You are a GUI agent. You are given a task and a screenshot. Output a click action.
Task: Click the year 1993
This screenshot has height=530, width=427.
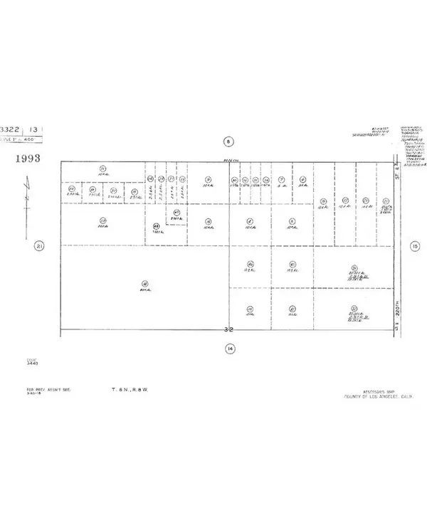[26, 158]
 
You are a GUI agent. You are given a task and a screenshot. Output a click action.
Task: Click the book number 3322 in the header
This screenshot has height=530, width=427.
[11, 129]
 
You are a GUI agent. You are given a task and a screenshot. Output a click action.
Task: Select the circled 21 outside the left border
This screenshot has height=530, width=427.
[40, 246]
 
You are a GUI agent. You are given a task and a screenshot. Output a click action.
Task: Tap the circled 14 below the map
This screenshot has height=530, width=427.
[229, 348]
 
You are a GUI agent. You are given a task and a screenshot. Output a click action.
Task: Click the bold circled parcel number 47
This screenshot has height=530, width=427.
[176, 213]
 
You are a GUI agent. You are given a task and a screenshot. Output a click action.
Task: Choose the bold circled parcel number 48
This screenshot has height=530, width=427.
[157, 227]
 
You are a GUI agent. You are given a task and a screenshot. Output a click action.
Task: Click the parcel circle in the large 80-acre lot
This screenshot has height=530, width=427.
[144, 282]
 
